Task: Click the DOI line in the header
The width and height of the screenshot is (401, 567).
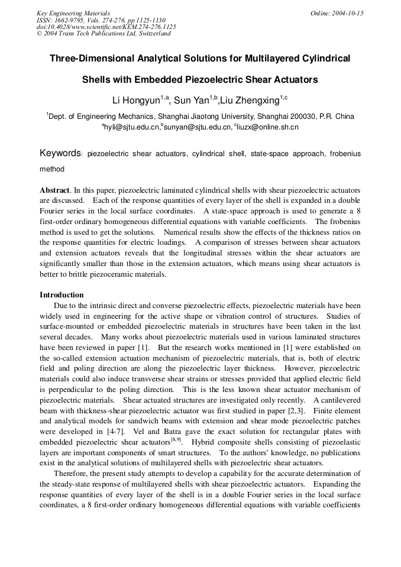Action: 106,27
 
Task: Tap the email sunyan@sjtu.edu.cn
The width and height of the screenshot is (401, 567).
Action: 198,127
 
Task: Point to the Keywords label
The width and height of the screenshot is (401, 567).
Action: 60,154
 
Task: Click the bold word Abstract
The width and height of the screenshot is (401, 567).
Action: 54,190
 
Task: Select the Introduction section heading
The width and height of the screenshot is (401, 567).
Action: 62,295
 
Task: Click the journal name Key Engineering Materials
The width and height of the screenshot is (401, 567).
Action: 73,13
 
